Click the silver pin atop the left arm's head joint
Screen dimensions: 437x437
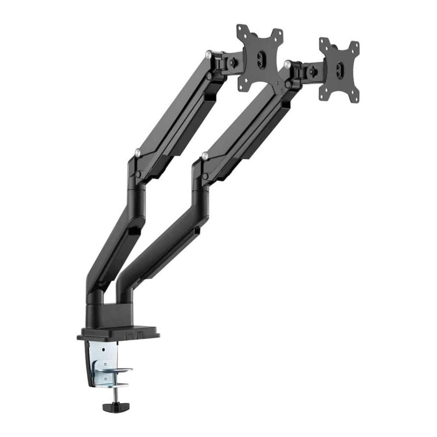208,55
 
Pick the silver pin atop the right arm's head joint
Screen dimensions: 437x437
287,64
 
